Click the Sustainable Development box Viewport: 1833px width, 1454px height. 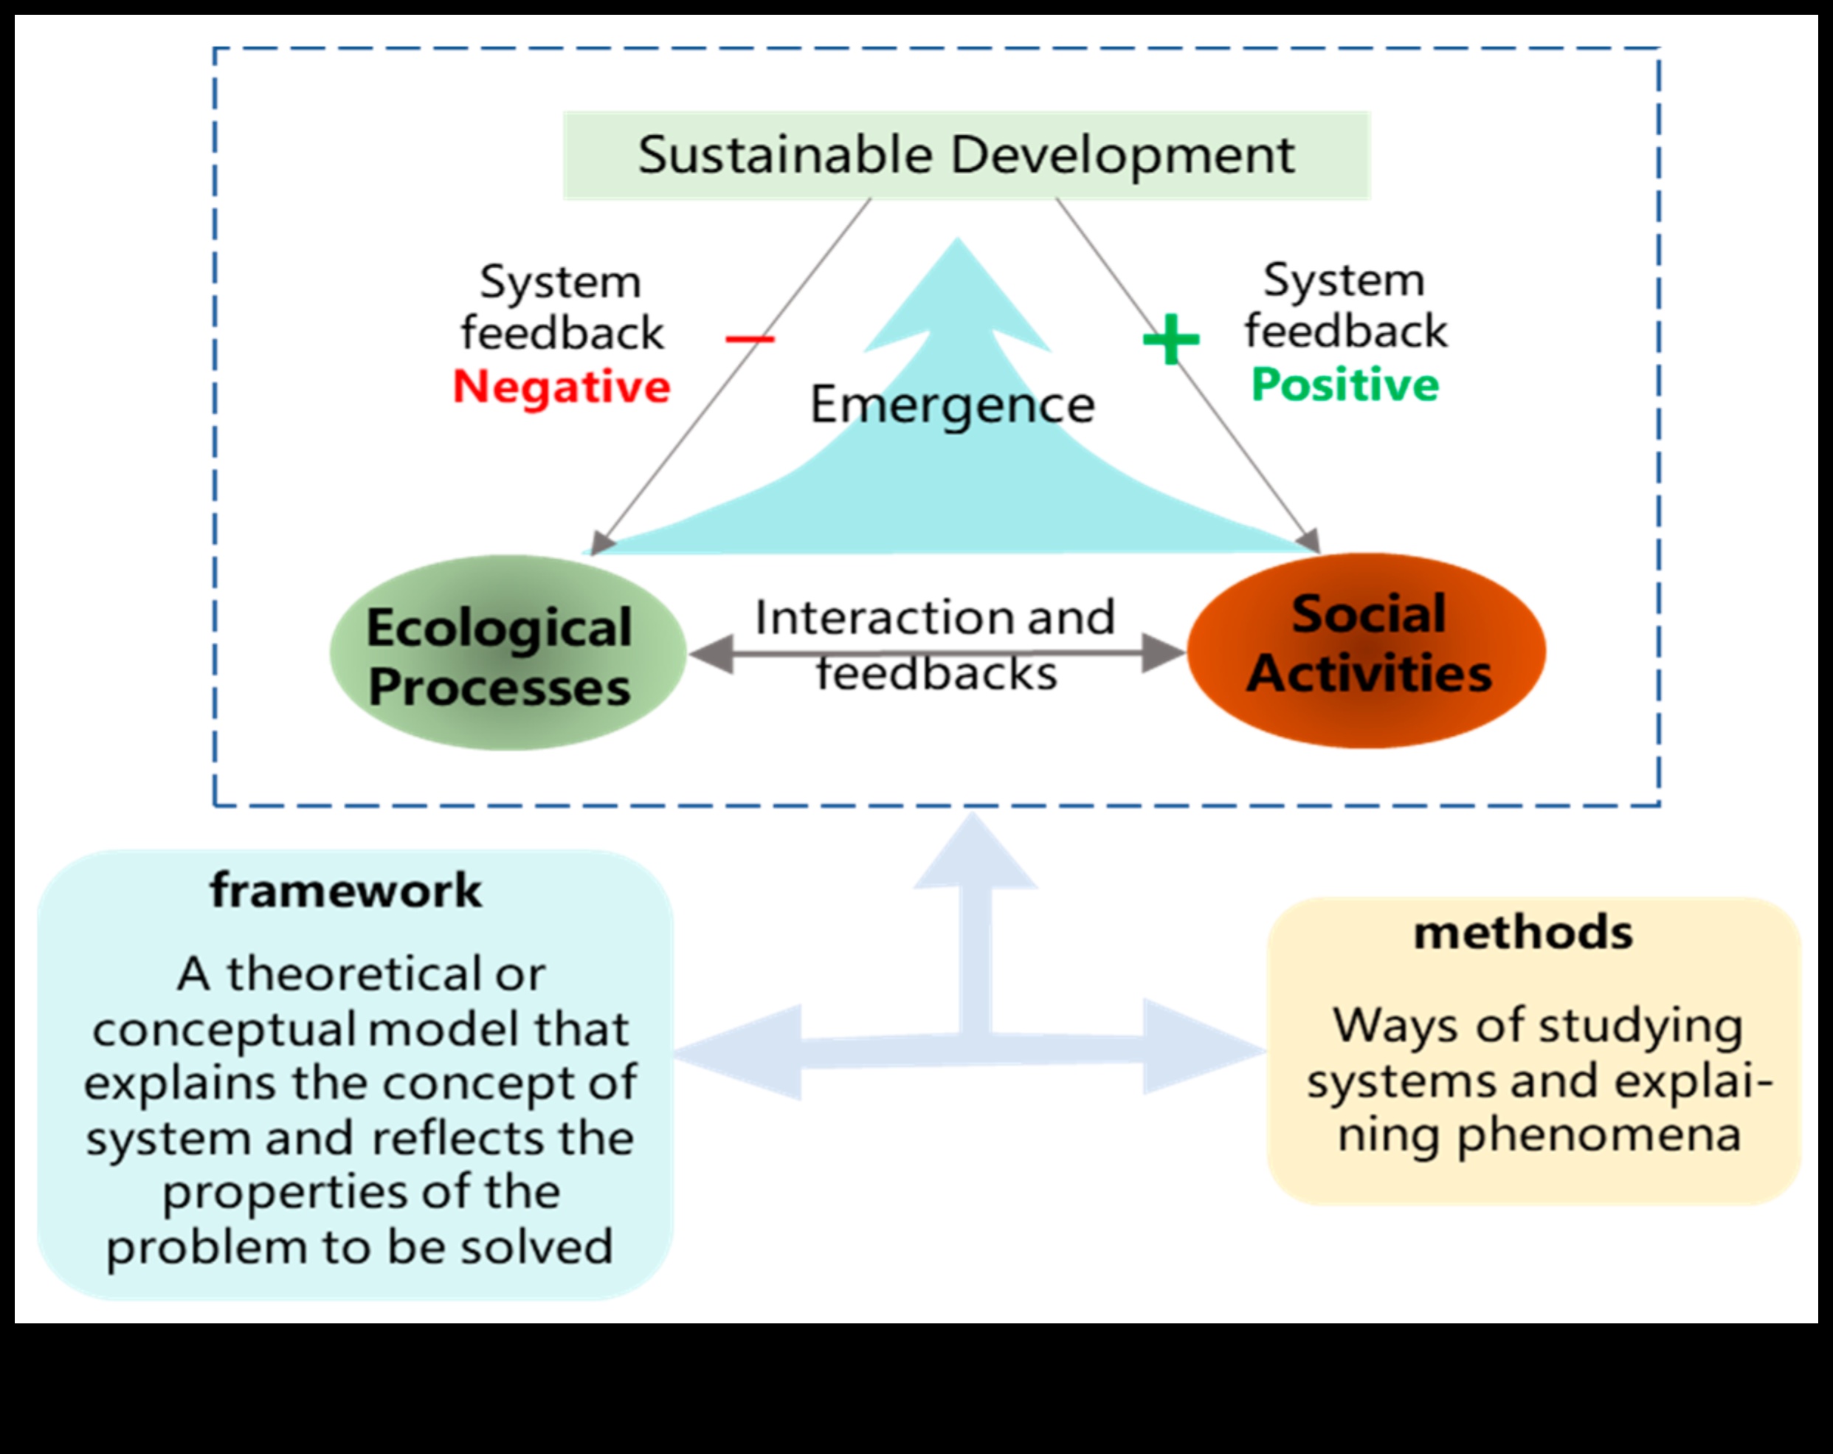pos(966,156)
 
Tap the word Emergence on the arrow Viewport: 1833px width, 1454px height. pos(951,404)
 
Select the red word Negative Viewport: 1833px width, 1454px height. pos(561,387)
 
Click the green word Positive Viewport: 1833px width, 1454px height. pos(1344,385)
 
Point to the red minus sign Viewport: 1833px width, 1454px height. pos(749,340)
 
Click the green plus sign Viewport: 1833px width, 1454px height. pos(1170,340)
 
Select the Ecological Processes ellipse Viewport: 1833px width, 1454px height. pos(507,653)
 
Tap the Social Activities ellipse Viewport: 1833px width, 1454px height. pos(1365,650)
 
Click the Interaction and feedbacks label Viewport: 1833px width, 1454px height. pos(934,644)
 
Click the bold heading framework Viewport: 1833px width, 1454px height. pos(345,891)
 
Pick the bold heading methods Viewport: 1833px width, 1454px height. pos(1522,933)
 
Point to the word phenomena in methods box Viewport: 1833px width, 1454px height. pos(1598,1135)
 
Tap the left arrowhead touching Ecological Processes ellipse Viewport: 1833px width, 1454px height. pos(712,653)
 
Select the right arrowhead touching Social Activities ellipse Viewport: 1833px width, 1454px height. pos(1161,652)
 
